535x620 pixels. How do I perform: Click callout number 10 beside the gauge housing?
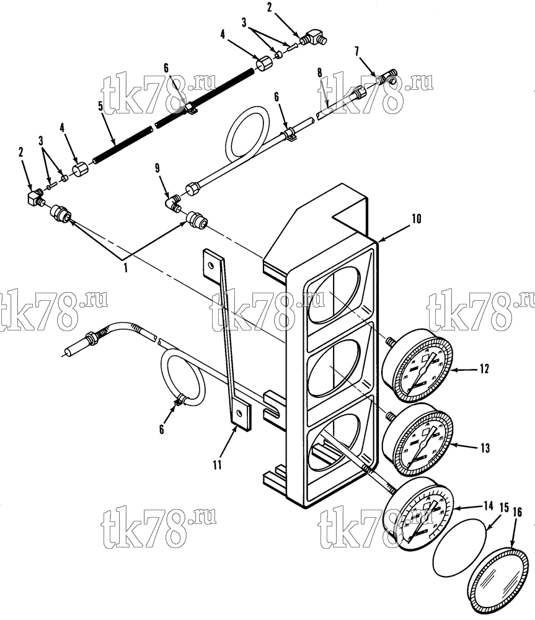[x=417, y=219]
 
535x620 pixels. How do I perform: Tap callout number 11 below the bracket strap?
[x=217, y=464]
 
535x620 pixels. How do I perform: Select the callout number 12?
[x=484, y=369]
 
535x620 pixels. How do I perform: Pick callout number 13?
[x=485, y=448]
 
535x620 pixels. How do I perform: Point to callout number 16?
[x=517, y=512]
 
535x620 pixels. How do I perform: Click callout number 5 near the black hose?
[x=100, y=106]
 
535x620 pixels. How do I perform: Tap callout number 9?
[x=157, y=169]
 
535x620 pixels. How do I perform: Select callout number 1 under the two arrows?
[x=126, y=268]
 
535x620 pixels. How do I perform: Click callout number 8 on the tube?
[x=319, y=73]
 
